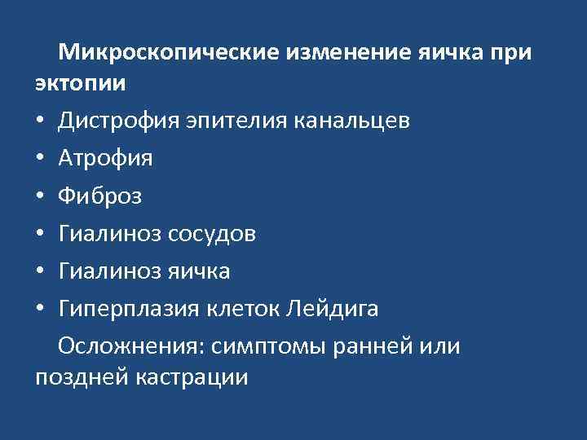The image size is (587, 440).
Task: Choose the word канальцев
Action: [x=361, y=121]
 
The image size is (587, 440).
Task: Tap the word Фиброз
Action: [x=99, y=196]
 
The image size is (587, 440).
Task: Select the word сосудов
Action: [x=213, y=234]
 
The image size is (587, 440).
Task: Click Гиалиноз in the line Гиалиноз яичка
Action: [x=109, y=271]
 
